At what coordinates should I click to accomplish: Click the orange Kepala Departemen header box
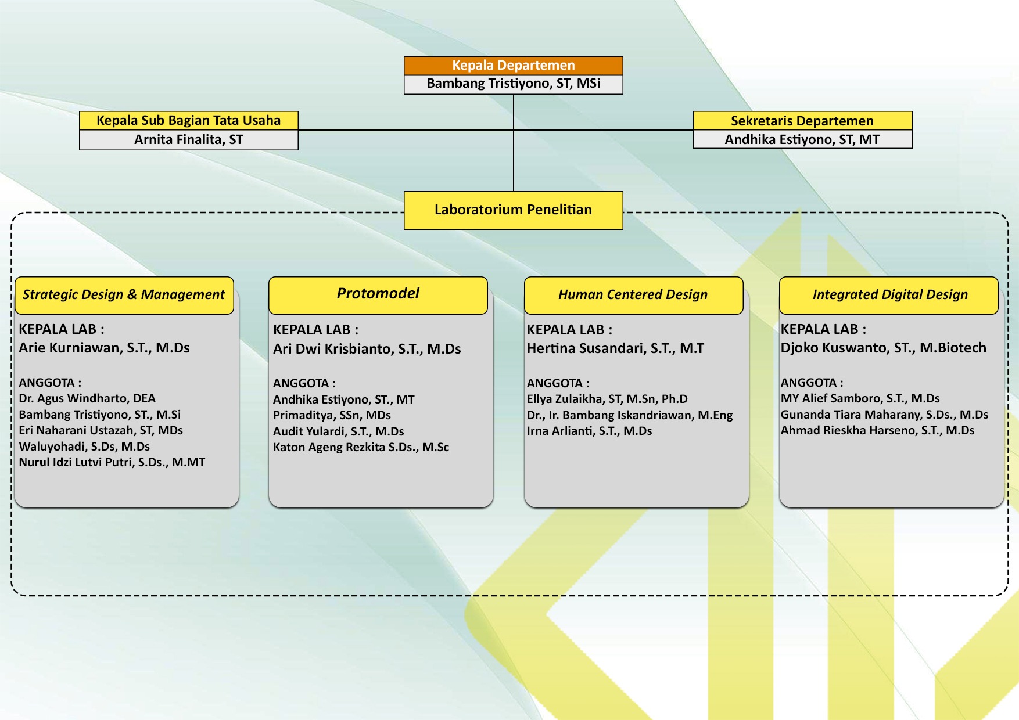(x=514, y=66)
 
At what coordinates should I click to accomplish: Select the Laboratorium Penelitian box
(x=514, y=210)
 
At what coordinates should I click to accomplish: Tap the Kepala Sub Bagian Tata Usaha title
(x=188, y=120)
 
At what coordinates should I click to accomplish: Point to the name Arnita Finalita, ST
(x=188, y=139)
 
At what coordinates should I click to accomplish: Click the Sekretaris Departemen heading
(x=802, y=121)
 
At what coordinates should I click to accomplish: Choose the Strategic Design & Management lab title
(x=124, y=295)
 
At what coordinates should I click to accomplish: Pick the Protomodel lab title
(x=378, y=294)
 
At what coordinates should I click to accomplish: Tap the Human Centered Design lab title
(x=633, y=295)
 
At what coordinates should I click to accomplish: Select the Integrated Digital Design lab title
(x=890, y=295)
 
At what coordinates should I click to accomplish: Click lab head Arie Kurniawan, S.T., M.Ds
(x=105, y=348)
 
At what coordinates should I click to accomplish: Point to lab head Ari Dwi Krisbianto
(x=367, y=349)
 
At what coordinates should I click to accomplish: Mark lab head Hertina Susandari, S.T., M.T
(x=615, y=348)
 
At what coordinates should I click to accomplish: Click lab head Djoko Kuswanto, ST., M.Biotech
(x=883, y=348)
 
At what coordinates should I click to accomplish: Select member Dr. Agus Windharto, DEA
(x=87, y=398)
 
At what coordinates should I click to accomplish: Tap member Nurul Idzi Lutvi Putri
(x=112, y=462)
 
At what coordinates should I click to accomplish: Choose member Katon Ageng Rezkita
(x=361, y=447)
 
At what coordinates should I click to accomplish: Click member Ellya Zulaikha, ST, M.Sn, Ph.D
(x=607, y=399)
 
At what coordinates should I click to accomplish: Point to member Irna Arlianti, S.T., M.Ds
(x=589, y=431)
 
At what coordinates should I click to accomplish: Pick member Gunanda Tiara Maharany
(x=884, y=415)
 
